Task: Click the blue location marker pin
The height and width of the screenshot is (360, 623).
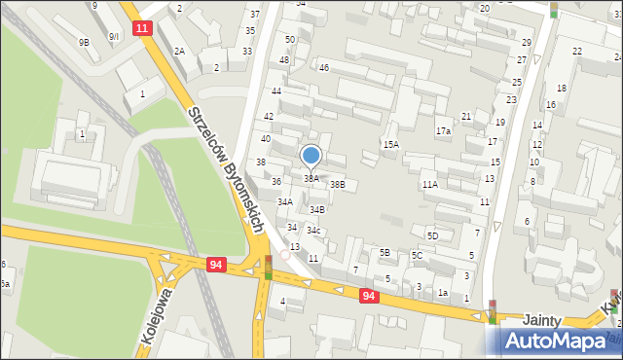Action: point(311,156)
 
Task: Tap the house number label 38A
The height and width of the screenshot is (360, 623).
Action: point(311,179)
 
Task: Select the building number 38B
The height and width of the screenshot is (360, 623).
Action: point(337,184)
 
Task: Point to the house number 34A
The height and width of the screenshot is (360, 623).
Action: point(285,202)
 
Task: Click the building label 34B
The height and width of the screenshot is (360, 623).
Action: point(317,209)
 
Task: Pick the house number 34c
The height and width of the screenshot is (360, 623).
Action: point(313,231)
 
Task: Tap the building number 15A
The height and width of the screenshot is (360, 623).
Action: point(390,145)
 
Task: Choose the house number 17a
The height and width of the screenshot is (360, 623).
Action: point(444,131)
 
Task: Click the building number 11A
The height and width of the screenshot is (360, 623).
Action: point(429,184)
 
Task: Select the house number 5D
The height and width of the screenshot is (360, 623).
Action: point(432,235)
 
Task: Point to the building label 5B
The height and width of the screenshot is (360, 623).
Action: point(385,253)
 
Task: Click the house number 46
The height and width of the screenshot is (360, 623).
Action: point(324,68)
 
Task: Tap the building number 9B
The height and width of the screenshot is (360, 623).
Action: point(85,42)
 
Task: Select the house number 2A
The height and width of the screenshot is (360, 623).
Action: point(179,51)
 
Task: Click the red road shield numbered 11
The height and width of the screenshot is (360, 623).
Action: point(143,28)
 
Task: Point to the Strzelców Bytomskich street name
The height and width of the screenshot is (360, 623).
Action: point(227,169)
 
